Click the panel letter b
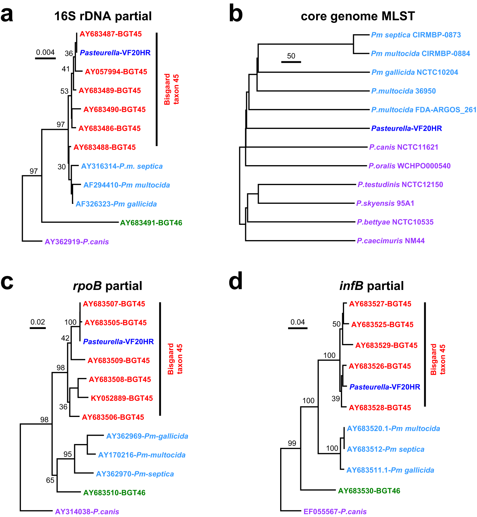pyautogui.click(x=235, y=15)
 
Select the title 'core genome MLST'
pyautogui.click(x=358, y=16)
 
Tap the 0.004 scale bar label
pyautogui.click(x=45, y=52)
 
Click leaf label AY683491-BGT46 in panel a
pyautogui.click(x=151, y=223)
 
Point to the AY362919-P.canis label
pyautogui.click(x=77, y=242)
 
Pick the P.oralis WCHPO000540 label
pyautogui.click(x=409, y=166)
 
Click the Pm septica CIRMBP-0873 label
pyautogui.click(x=416, y=35)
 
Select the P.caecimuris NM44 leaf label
pyautogui.click(x=391, y=241)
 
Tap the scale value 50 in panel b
pyautogui.click(x=291, y=56)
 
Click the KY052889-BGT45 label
pyautogui.click(x=122, y=398)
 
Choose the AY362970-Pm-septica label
pyautogui.click(x=135, y=474)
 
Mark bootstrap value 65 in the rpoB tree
pyautogui.click(x=50, y=480)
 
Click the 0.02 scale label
pyautogui.click(x=38, y=322)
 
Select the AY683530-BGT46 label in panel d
pyautogui.click(x=369, y=491)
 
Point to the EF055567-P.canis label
pyautogui.click(x=335, y=512)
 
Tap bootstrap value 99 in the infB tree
pyautogui.click(x=292, y=443)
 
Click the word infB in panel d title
pyautogui.click(x=351, y=286)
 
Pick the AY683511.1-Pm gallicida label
pyautogui.click(x=390, y=470)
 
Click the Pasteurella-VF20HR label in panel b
pyautogui.click(x=406, y=129)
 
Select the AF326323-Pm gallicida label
pyautogui.click(x=116, y=204)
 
